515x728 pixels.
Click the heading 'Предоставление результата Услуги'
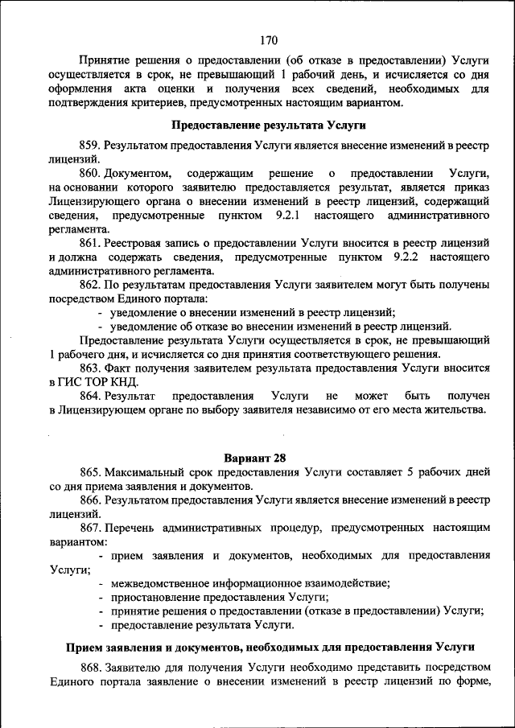(x=269, y=125)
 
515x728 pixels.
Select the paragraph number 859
(x=89, y=145)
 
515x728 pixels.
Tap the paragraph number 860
(x=89, y=174)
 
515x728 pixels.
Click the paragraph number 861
(x=89, y=243)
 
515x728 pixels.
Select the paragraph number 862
(x=89, y=285)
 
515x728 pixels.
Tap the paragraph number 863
(x=89, y=368)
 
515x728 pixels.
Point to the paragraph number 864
(x=89, y=397)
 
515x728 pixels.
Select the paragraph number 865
(x=89, y=471)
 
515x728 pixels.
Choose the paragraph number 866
(x=89, y=500)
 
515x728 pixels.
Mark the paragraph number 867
(x=89, y=528)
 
